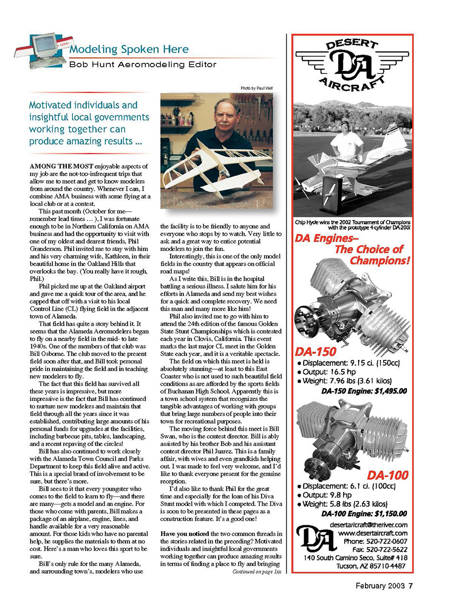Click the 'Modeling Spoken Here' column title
pyautogui.click(x=129, y=49)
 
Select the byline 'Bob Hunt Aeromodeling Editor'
pyautogui.click(x=142, y=64)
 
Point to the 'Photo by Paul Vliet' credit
pyautogui.click(x=257, y=88)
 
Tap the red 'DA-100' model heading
pyautogui.click(x=388, y=475)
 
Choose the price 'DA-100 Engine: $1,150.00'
pyautogui.click(x=364, y=513)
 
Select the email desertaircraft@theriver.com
pyautogui.click(x=368, y=525)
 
